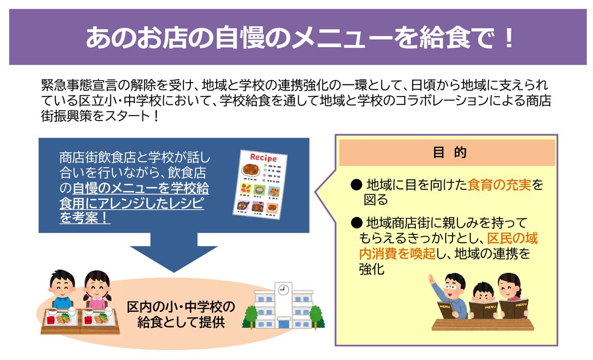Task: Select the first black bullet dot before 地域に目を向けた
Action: [x=355, y=185]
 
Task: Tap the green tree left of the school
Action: [x=250, y=316]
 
